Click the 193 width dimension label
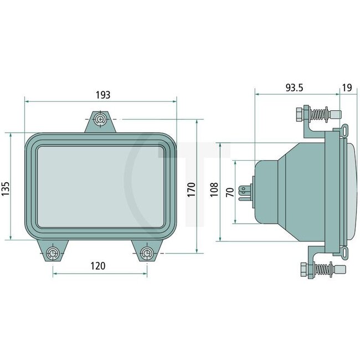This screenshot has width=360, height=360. pyautogui.click(x=103, y=95)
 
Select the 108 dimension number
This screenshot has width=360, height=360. pyautogui.click(x=214, y=191)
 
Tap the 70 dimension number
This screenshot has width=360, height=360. pyautogui.click(x=229, y=193)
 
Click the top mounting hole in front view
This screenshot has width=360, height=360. pyautogui.click(x=100, y=119)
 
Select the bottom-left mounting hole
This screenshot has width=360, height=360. pyautogui.click(x=53, y=253)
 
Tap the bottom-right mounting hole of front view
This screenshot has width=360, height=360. pyautogui.click(x=146, y=253)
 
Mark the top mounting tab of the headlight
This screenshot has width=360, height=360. pyautogui.click(x=100, y=123)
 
